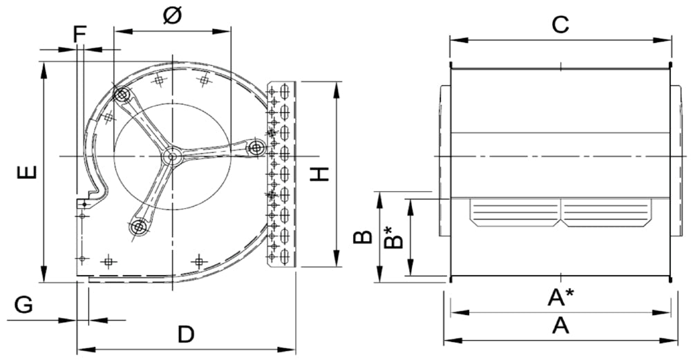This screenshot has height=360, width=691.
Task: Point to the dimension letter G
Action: tap(23, 305)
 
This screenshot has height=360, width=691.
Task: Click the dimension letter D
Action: tap(185, 335)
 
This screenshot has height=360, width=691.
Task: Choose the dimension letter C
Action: tap(560, 25)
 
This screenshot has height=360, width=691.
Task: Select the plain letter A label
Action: tap(560, 325)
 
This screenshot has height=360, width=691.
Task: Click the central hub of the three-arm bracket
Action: tap(172, 158)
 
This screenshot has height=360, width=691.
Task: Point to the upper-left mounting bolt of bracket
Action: tap(122, 95)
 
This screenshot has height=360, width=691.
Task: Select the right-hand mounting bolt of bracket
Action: tap(256, 147)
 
